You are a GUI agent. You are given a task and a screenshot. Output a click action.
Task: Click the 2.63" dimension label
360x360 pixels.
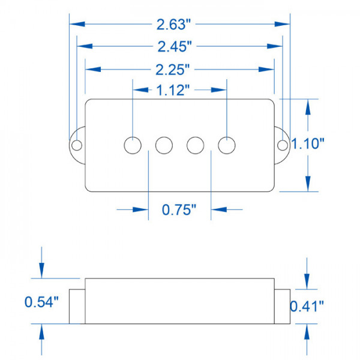[173, 25]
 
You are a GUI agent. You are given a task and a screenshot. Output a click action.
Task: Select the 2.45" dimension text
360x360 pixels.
[174, 47]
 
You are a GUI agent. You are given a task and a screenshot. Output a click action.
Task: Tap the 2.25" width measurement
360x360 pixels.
[174, 69]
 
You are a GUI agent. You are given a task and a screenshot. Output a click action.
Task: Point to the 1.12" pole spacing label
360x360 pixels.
[173, 91]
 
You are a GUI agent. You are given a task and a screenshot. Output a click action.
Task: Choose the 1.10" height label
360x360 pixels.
[308, 143]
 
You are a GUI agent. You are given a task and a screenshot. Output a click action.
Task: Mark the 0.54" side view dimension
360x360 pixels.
[41, 302]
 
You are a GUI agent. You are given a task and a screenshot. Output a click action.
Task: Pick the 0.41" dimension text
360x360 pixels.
[307, 306]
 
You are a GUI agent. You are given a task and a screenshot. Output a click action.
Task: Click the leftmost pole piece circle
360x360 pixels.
[133, 145]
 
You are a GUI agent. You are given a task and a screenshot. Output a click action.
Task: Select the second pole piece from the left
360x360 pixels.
[164, 145]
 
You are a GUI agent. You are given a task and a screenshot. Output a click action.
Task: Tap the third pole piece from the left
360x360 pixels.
[195, 145]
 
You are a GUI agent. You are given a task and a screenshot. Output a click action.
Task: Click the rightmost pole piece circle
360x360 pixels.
[226, 145]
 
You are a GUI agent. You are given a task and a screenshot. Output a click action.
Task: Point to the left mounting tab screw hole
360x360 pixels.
[76, 145]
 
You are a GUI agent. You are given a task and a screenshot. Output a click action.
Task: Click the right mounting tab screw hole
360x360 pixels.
[283, 145]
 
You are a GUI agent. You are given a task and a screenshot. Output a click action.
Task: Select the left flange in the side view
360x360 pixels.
[76, 306]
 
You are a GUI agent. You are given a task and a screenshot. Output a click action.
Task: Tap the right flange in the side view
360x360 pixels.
[283, 306]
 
